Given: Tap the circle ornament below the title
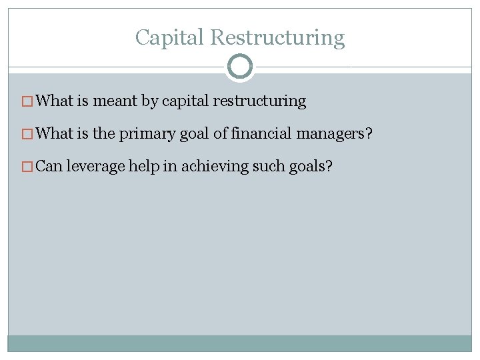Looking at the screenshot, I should pos(240,67).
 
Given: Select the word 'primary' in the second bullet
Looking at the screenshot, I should pos(147,133).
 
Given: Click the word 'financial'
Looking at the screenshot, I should pos(261,133).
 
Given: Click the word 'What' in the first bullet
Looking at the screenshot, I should pos(54,101).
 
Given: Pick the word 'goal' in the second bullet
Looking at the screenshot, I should pos(194,133).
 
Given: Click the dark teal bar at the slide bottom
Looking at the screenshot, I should pos(240,343).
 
